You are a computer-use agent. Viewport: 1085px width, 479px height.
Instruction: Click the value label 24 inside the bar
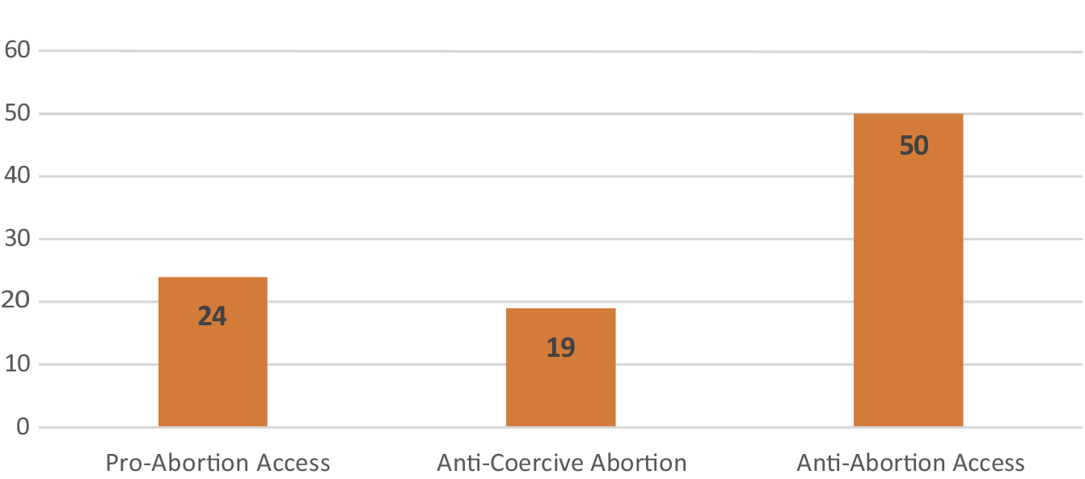213,316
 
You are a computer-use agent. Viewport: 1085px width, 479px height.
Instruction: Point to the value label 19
560,348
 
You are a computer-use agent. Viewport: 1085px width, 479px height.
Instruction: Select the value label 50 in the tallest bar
914,146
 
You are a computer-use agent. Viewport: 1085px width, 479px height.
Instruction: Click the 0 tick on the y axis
21,427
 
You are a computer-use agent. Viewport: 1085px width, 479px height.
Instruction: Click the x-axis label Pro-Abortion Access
218,464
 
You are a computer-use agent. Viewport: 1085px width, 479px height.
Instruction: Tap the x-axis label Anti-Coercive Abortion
561,464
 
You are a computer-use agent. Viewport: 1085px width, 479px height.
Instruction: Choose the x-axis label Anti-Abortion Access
910,464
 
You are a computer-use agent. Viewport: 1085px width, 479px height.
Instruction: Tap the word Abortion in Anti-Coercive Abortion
638,464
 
